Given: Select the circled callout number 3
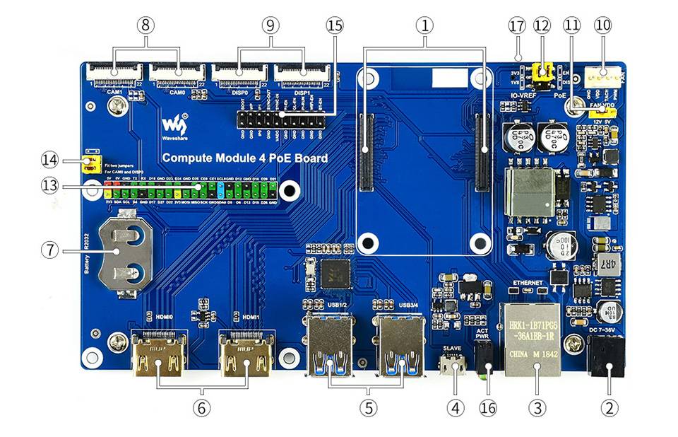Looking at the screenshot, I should click(537, 407).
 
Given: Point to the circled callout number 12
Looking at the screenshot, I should click(542, 25).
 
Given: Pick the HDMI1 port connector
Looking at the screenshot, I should click(246, 356).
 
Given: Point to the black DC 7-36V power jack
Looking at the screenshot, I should click(607, 358).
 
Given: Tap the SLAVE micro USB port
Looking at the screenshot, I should click(453, 364).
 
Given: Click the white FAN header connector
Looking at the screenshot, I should click(602, 75).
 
